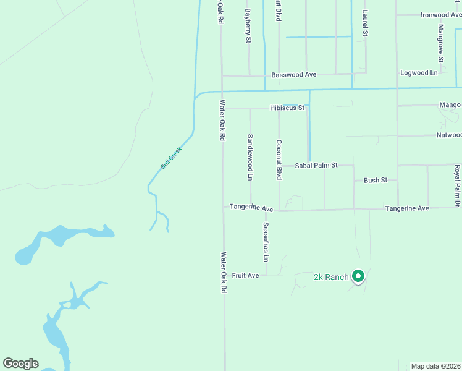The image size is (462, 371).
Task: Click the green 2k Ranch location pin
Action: (358, 276)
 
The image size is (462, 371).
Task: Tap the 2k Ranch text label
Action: (331, 277)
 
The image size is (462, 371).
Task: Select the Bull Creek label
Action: (171, 158)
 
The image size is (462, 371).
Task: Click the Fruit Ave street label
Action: (245, 275)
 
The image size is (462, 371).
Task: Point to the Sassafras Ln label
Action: (266, 240)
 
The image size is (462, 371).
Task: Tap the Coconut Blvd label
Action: (279, 160)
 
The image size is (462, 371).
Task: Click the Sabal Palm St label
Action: (316, 165)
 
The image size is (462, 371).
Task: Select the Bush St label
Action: (376, 181)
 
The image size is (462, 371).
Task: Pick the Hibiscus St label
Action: (287, 108)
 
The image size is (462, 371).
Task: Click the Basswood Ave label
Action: (294, 74)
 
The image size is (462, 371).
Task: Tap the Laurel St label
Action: (365, 23)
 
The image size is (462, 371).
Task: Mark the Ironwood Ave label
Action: (441, 15)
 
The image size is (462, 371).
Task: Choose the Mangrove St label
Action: (441, 43)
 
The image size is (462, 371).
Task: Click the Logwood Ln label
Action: (419, 72)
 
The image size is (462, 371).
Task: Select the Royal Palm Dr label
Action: (458, 186)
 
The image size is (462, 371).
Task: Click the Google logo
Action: (20, 364)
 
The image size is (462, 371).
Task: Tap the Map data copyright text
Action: (436, 366)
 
